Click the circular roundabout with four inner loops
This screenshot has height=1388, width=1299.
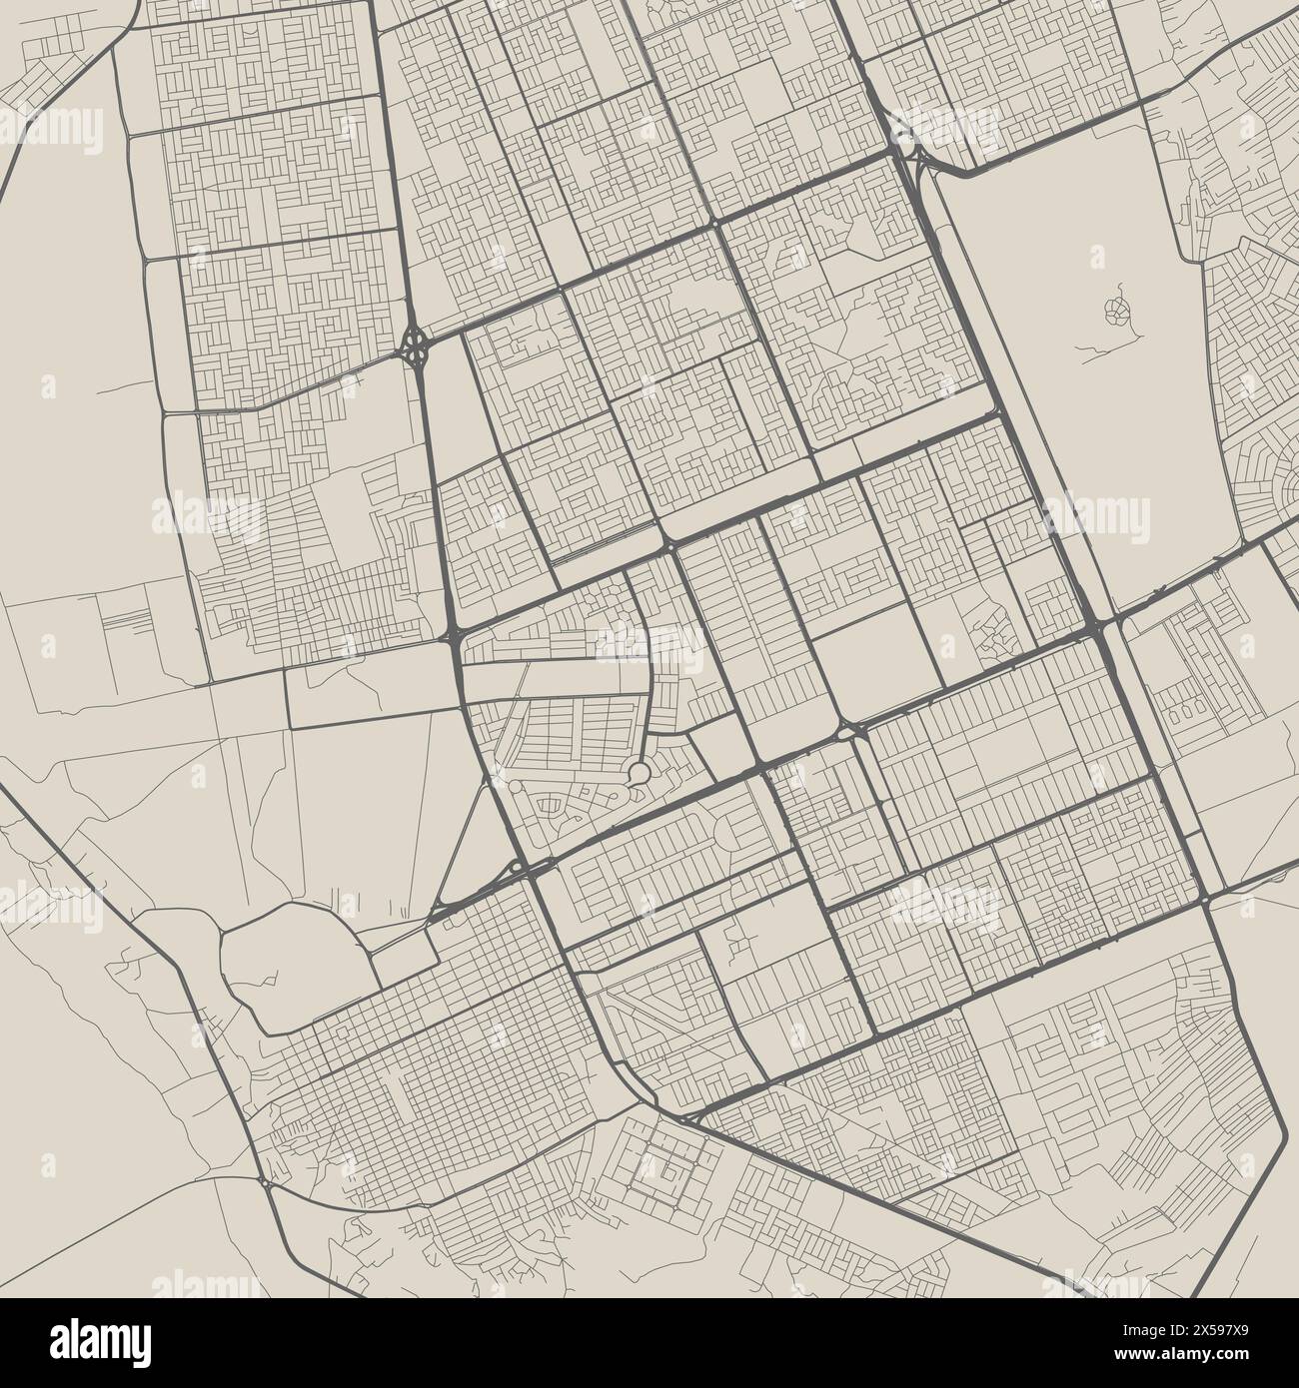point(414,347)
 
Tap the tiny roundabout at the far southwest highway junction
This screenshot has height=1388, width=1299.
point(263,1183)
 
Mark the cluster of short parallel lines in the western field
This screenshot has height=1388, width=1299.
point(124,620)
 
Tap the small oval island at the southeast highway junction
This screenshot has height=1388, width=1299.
point(1207,901)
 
